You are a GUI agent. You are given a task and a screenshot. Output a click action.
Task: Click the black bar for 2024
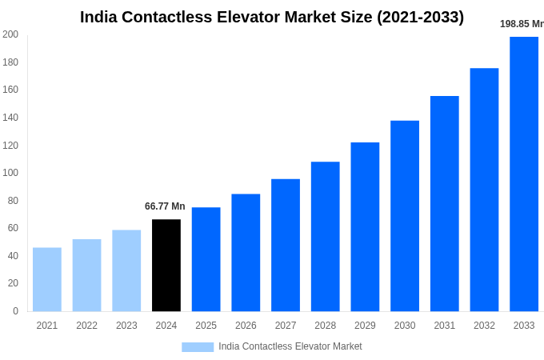(166, 265)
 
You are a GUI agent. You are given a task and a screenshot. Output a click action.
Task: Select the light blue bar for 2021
(47, 279)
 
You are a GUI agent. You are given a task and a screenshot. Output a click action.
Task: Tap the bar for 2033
(524, 174)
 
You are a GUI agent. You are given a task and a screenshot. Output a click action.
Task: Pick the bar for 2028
(326, 236)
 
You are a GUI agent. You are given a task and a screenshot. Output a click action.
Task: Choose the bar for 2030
(405, 216)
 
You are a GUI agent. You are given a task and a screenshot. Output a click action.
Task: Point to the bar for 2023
(126, 270)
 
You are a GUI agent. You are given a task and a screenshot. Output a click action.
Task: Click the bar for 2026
(246, 252)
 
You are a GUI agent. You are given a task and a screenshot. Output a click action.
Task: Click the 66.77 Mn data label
(165, 206)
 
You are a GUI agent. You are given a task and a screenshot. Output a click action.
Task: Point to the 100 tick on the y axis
(10, 173)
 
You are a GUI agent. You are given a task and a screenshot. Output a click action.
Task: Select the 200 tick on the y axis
(10, 34)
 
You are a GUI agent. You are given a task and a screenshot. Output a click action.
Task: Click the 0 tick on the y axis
(15, 311)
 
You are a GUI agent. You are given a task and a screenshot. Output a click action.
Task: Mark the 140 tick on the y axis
(10, 118)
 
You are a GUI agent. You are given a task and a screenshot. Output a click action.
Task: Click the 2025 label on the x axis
(206, 326)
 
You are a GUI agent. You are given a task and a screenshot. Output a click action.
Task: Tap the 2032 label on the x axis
(484, 326)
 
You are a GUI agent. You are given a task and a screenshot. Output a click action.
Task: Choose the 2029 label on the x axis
(365, 326)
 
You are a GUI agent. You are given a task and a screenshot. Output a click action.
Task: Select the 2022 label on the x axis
(86, 326)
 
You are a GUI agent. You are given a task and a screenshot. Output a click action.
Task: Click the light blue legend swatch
(198, 346)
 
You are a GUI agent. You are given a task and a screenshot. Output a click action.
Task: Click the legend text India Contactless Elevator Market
(290, 346)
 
